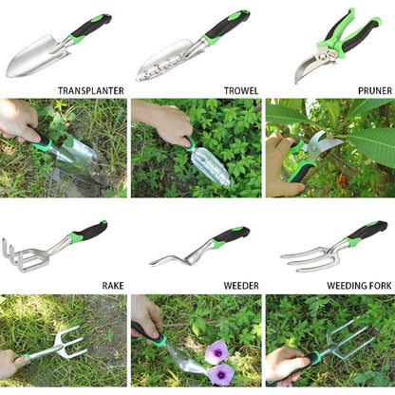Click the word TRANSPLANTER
90,91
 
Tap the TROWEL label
241,91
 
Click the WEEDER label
240,284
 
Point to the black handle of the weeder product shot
233,235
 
